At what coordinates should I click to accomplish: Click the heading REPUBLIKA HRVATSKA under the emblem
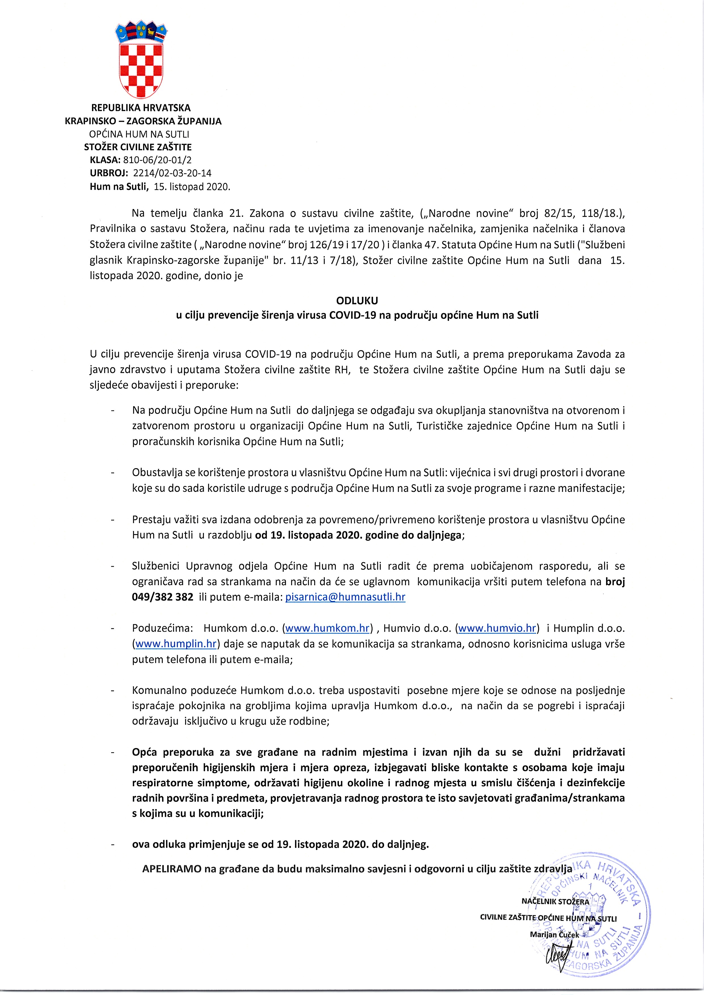[x=141, y=108]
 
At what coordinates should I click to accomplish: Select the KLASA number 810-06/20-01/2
[x=158, y=160]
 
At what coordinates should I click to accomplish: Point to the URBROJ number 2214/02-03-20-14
[x=172, y=173]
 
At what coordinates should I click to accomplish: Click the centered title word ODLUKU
[x=357, y=300]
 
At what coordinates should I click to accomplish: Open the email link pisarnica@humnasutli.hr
[x=345, y=597]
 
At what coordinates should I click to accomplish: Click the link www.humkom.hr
[x=328, y=628]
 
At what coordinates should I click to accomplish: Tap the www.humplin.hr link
[x=176, y=644]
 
